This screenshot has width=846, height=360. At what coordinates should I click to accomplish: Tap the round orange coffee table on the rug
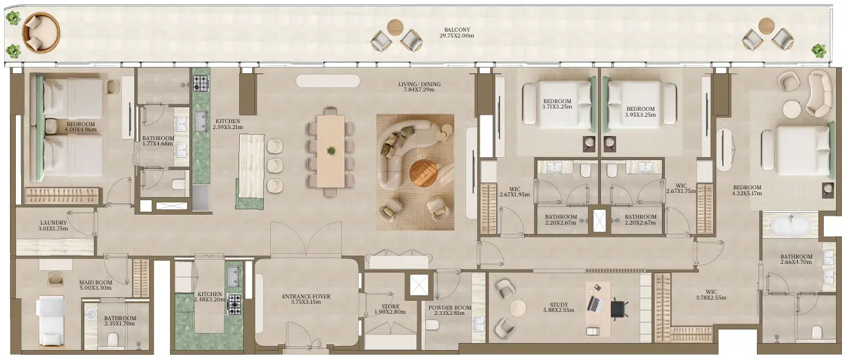coord(423,174)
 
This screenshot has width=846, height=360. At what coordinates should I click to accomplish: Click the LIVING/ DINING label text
coord(419,84)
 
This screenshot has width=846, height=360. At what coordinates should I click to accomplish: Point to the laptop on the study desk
coord(595,304)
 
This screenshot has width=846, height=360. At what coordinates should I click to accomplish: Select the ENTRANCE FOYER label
coord(306,297)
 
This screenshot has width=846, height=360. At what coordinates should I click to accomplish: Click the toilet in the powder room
coord(432,324)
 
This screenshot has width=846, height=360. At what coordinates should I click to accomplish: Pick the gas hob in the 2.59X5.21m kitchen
coord(201,83)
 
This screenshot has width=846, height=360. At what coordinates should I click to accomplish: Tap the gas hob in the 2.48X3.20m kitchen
coord(235,304)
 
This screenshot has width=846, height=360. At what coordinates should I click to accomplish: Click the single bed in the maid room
coord(51,321)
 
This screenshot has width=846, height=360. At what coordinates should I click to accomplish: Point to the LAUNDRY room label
coord(53,223)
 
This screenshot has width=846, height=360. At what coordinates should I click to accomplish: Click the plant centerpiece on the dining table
coord(331,150)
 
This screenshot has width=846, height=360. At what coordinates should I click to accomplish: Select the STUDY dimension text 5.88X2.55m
coord(559,310)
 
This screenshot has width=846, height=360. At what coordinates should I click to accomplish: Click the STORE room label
coord(390,307)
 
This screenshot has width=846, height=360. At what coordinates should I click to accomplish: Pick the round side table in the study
coord(518,308)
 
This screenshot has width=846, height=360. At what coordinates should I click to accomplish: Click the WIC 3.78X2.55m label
coord(711,295)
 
